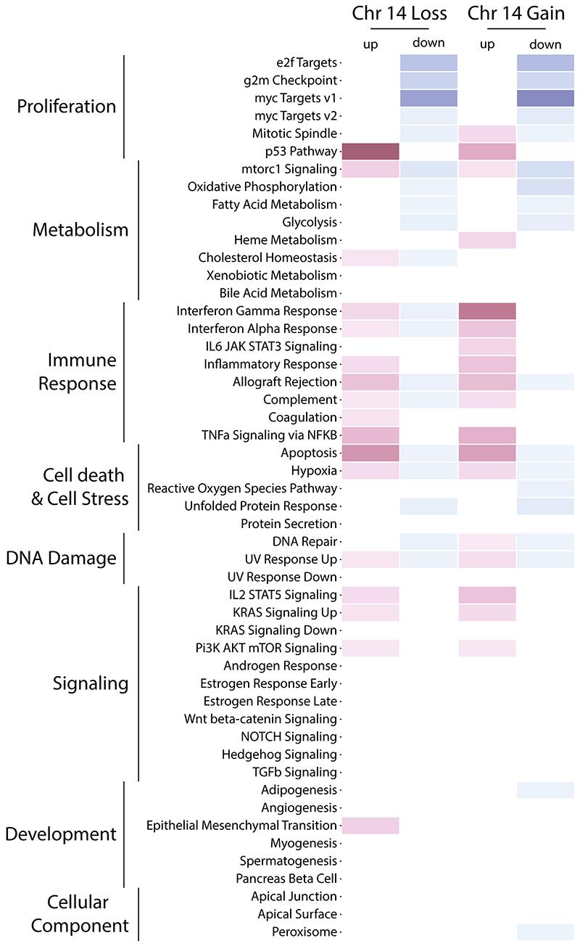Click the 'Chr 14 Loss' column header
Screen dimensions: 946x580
[399, 13]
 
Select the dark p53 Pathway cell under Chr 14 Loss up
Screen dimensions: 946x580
[370, 152]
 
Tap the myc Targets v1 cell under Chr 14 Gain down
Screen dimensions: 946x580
[545, 98]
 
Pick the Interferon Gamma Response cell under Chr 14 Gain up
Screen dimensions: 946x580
[487, 311]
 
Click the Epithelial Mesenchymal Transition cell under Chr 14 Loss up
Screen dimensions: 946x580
[370, 826]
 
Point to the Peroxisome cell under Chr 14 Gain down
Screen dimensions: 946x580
[545, 932]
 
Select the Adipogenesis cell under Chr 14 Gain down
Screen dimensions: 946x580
[545, 790]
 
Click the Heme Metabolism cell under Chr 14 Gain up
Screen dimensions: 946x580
[487, 240]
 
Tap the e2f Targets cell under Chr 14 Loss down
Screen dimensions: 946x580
[428, 62]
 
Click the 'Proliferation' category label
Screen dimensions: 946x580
[67, 107]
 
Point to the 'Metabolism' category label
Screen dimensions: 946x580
[80, 231]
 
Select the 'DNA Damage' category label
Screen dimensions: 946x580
[61, 559]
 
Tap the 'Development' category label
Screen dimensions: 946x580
[61, 834]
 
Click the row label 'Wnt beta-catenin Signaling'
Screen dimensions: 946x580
[260, 719]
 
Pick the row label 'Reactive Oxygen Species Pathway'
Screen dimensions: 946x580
[242, 488]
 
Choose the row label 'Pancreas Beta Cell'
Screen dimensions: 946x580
[289, 879]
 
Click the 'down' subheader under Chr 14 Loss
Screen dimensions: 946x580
[428, 43]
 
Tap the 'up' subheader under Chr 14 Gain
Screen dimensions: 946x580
[487, 45]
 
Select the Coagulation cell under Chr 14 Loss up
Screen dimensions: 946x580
[370, 418]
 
